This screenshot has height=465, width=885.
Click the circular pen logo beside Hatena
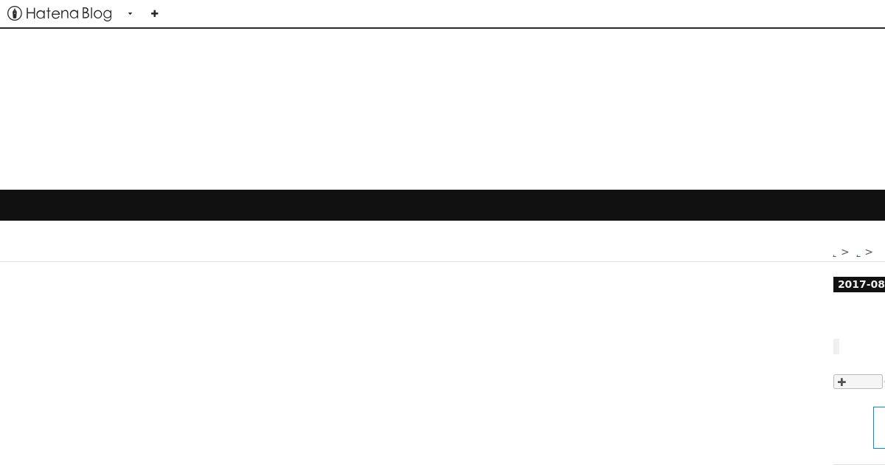15,13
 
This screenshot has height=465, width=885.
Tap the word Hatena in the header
52,13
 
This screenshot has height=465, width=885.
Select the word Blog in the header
97,14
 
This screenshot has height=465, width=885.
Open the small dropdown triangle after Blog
130,14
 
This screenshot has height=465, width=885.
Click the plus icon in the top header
154,14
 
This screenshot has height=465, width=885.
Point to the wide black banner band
442,205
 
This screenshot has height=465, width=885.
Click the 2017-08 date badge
859,284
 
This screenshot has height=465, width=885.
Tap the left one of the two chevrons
845,252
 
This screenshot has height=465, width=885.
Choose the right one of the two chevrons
869,252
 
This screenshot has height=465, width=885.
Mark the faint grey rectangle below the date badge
836,346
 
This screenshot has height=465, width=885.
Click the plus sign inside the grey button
841,382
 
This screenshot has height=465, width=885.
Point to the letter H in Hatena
30,13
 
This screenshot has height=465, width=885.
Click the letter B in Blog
86,13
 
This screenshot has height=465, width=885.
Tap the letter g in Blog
108,15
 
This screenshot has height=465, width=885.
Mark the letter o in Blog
97,15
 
